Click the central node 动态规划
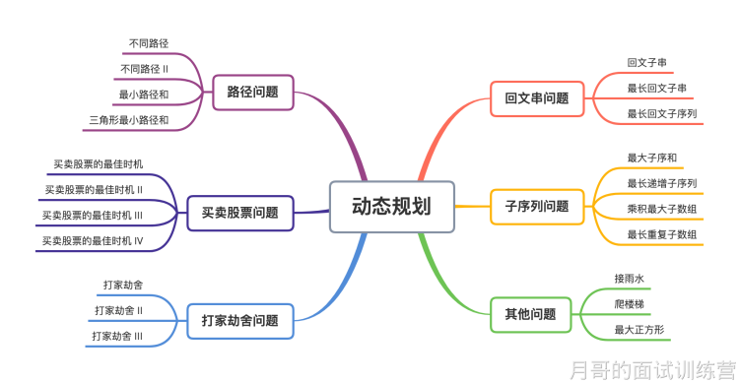(x=391, y=207)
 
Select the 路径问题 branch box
(x=252, y=93)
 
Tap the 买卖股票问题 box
(x=239, y=212)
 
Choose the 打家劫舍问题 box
(x=239, y=320)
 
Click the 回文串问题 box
(x=537, y=98)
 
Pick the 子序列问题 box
(x=537, y=207)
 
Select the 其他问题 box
(x=530, y=315)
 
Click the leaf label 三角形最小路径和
(x=128, y=120)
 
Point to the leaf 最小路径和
(x=143, y=95)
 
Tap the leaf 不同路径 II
(x=144, y=69)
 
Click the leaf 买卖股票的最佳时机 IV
(x=93, y=240)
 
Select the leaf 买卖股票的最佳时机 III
(x=93, y=215)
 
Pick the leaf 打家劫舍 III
(x=117, y=336)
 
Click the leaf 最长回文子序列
(x=662, y=114)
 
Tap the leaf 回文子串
(x=646, y=63)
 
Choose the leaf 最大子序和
(x=651, y=158)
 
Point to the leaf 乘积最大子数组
(x=662, y=209)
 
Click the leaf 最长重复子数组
(x=662, y=234)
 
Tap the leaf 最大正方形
(x=638, y=329)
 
